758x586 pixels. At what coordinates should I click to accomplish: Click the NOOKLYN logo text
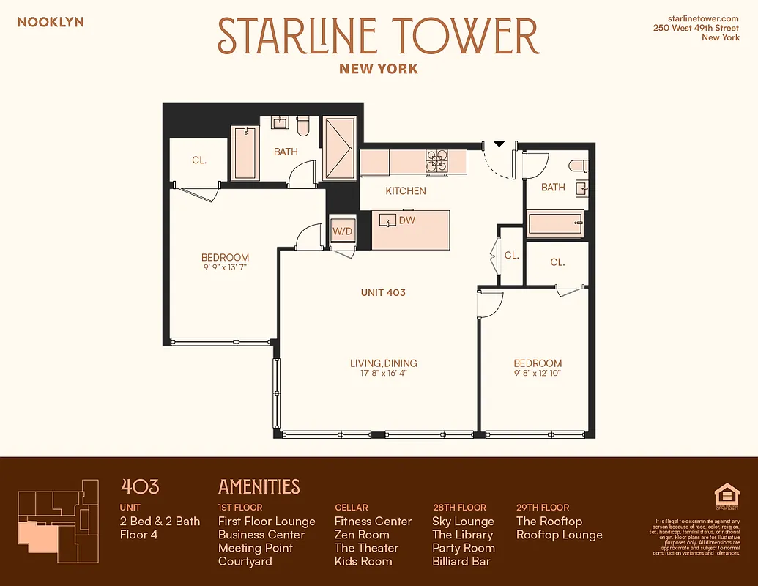coord(51,22)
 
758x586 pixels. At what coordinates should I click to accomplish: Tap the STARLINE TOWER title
coord(379,35)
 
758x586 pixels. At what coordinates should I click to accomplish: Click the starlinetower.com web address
coord(704,18)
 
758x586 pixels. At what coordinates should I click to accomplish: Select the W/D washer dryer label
coord(342,231)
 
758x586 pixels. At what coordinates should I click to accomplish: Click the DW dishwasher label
coord(407,220)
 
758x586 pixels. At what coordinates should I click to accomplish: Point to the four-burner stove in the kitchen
coord(437,161)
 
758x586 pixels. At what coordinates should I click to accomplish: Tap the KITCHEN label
coord(406,190)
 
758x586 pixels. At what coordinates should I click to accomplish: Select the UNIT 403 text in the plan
coord(383,292)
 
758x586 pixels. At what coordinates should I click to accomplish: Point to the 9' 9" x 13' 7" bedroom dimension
coord(225,267)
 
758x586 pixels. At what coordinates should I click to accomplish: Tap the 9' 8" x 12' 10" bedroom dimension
coord(538,373)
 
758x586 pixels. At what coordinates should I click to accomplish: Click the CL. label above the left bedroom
coord(199,160)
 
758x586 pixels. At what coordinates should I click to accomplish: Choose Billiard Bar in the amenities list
coord(461,561)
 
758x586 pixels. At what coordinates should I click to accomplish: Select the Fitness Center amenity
coord(373,522)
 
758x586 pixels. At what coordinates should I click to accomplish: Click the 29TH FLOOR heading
coord(542,507)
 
